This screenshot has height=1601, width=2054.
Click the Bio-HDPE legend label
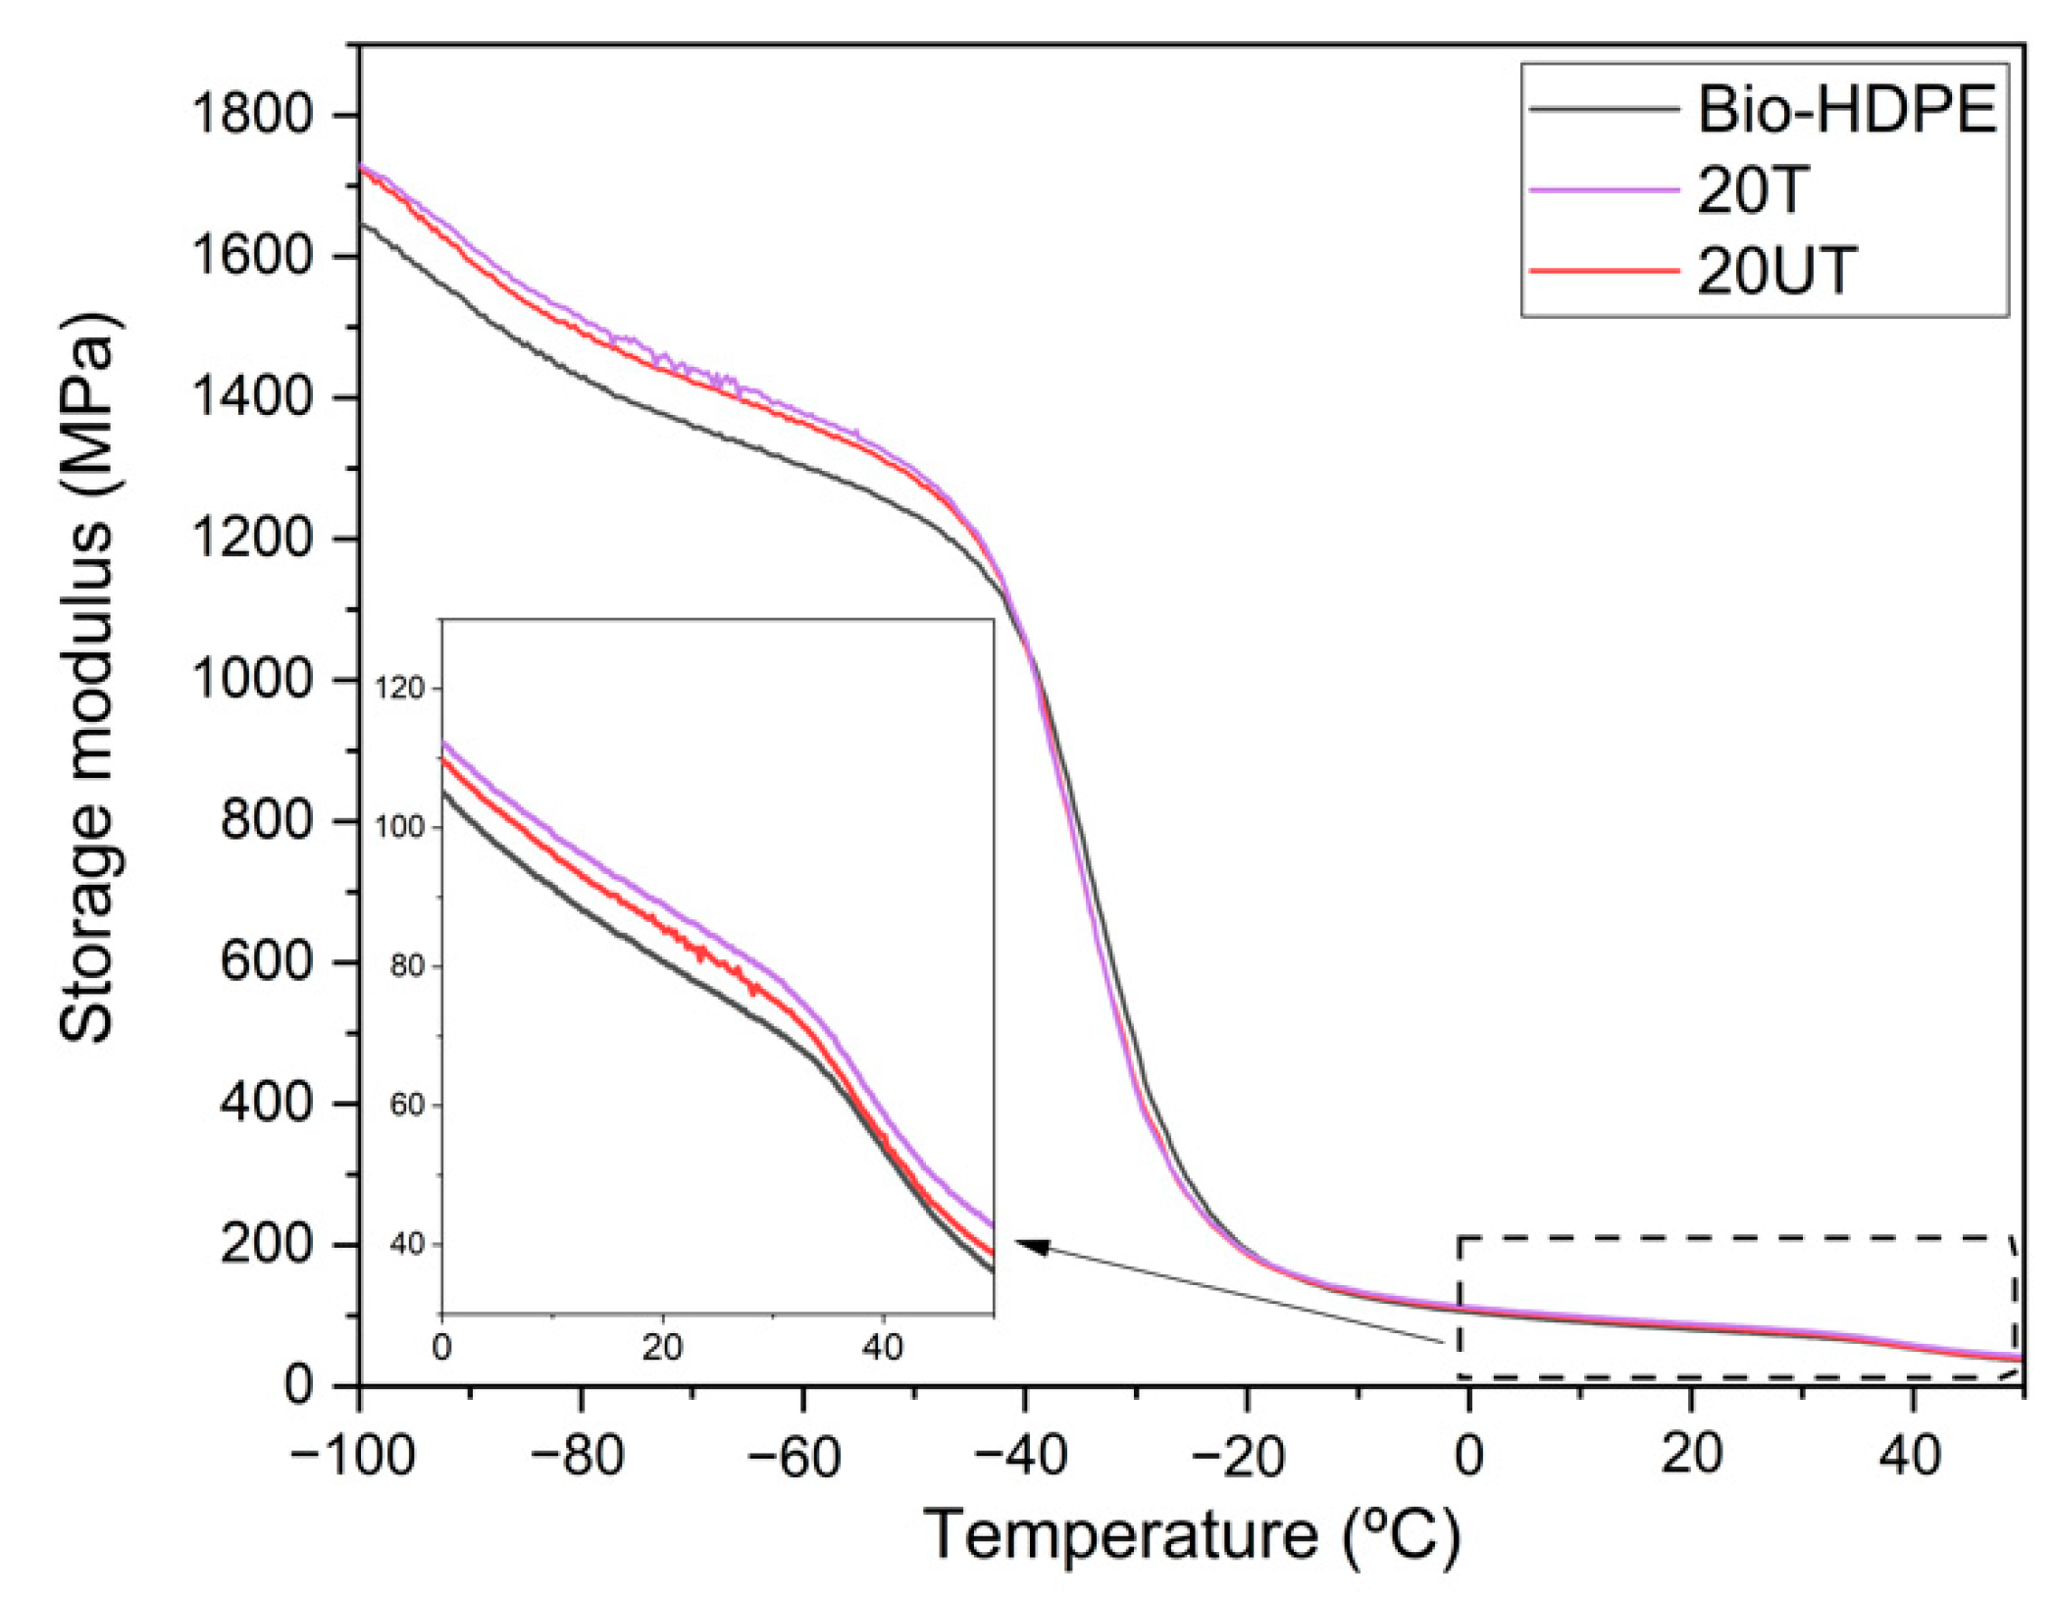point(1846,110)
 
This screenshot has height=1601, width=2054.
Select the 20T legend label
point(1751,190)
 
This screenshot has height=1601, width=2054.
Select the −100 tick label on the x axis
point(353,1455)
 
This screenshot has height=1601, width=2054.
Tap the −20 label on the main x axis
point(1242,1455)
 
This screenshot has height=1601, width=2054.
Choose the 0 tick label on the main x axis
point(1467,1455)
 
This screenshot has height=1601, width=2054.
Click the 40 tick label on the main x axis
point(1910,1455)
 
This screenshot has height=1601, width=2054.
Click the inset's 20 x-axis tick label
point(662,1347)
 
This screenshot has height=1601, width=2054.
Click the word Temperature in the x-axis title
point(1120,1534)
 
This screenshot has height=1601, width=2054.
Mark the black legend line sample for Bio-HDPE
point(1605,110)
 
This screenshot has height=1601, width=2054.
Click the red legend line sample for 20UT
point(1605,271)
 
